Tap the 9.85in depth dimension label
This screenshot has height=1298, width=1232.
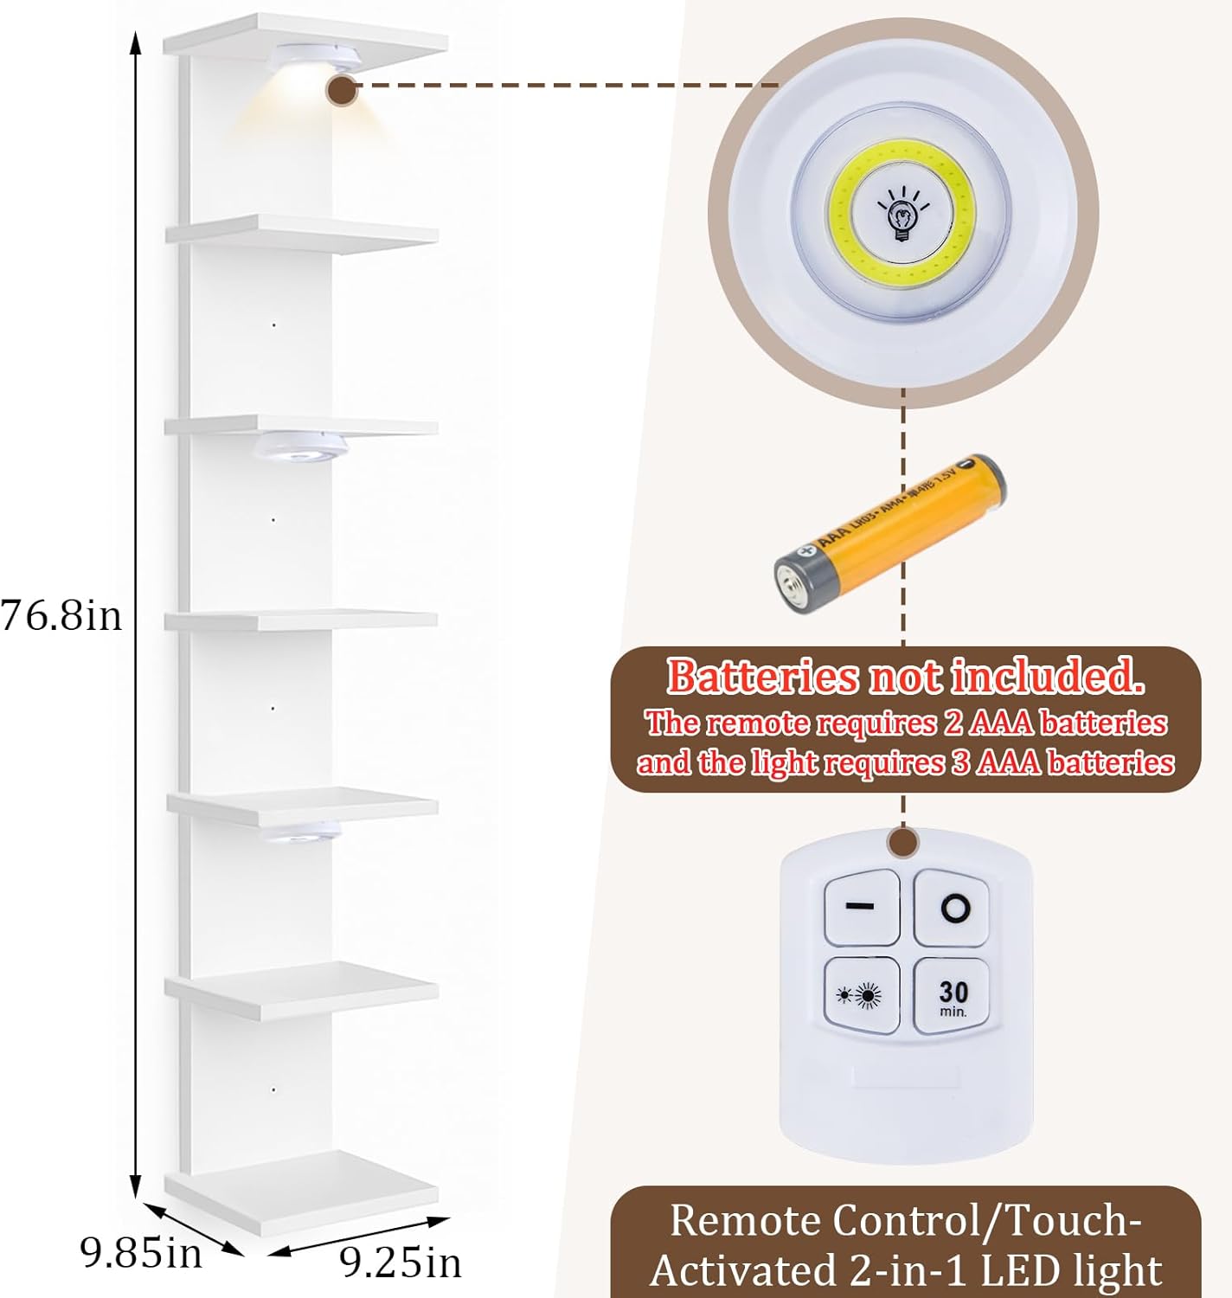pyautogui.click(x=141, y=1252)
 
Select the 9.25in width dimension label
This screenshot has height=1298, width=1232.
pyautogui.click(x=400, y=1263)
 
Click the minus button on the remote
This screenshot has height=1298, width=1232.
pyautogui.click(x=860, y=907)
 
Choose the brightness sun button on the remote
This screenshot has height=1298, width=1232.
pyautogui.click(x=860, y=996)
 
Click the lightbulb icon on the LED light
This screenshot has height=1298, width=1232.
pyautogui.click(x=902, y=211)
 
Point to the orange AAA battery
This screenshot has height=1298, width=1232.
pyautogui.click(x=890, y=534)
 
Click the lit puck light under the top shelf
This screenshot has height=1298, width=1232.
pyautogui.click(x=312, y=60)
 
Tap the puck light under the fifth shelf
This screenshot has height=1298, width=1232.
pyautogui.click(x=300, y=832)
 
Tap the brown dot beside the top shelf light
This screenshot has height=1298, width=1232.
pyautogui.click(x=342, y=89)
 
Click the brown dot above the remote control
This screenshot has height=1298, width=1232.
pyautogui.click(x=903, y=840)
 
